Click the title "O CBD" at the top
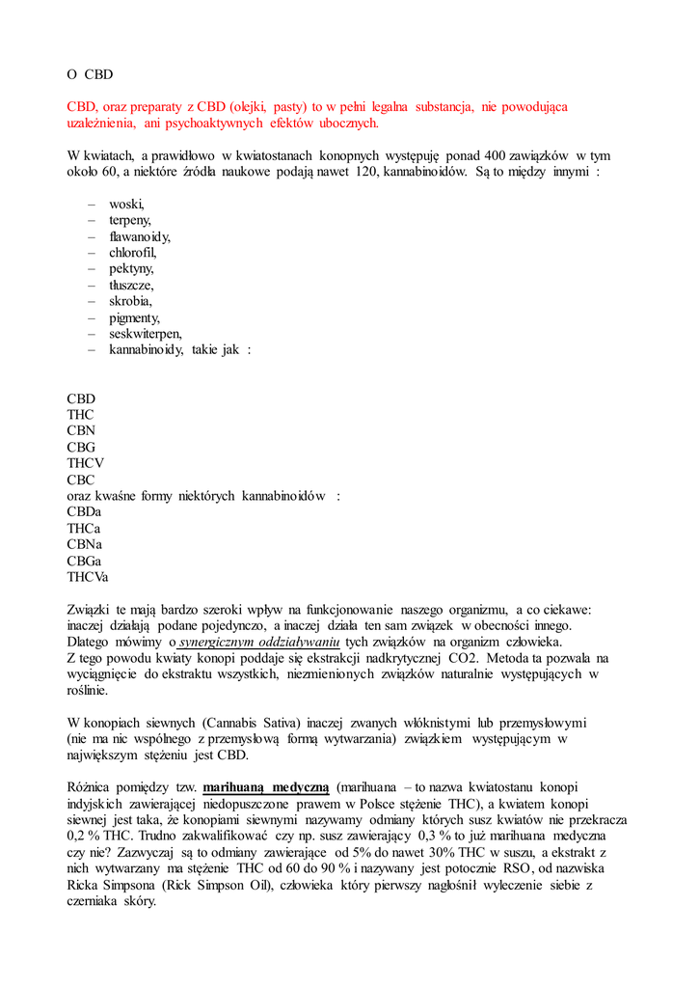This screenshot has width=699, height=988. click(x=90, y=73)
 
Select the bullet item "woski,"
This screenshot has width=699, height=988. click(x=126, y=205)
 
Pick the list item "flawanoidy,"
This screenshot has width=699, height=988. click(x=140, y=236)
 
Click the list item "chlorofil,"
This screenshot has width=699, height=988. click(x=133, y=253)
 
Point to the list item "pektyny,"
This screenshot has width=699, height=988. click(x=131, y=269)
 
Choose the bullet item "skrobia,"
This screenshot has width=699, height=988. click(x=130, y=301)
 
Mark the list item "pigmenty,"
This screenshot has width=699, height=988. click(x=134, y=317)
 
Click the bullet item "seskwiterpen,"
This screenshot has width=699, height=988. click(x=146, y=334)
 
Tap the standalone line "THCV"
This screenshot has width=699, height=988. click(x=86, y=463)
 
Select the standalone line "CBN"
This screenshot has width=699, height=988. click(x=81, y=430)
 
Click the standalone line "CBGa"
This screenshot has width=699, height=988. click(x=84, y=561)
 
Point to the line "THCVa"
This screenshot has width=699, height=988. click(x=88, y=577)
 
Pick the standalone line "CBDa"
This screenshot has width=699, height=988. click(x=84, y=512)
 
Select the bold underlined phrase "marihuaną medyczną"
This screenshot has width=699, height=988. click(x=266, y=787)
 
